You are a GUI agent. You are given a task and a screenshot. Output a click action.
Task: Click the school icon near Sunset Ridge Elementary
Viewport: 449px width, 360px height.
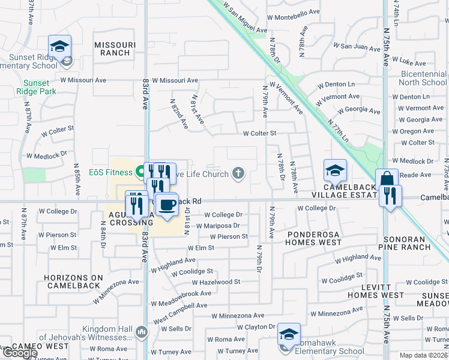pyautogui.click(x=60, y=46)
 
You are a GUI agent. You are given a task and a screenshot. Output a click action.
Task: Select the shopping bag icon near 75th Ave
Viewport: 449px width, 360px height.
pyautogui.click(x=387, y=179)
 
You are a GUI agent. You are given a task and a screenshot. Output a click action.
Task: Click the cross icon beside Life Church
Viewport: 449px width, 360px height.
pyautogui.click(x=238, y=174)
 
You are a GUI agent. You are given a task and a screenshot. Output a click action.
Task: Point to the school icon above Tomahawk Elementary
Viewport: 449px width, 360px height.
pyautogui.click(x=289, y=334)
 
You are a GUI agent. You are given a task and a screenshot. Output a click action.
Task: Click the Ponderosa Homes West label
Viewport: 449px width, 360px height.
pyautogui.click(x=313, y=238)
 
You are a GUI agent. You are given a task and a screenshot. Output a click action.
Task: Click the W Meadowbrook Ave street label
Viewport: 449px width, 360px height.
pyautogui.click(x=181, y=293)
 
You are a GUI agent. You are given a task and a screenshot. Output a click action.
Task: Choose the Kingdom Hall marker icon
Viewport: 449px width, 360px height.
pyautogui.click(x=142, y=331)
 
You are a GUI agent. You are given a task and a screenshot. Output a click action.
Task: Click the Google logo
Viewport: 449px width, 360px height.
pyautogui.click(x=20, y=353)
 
